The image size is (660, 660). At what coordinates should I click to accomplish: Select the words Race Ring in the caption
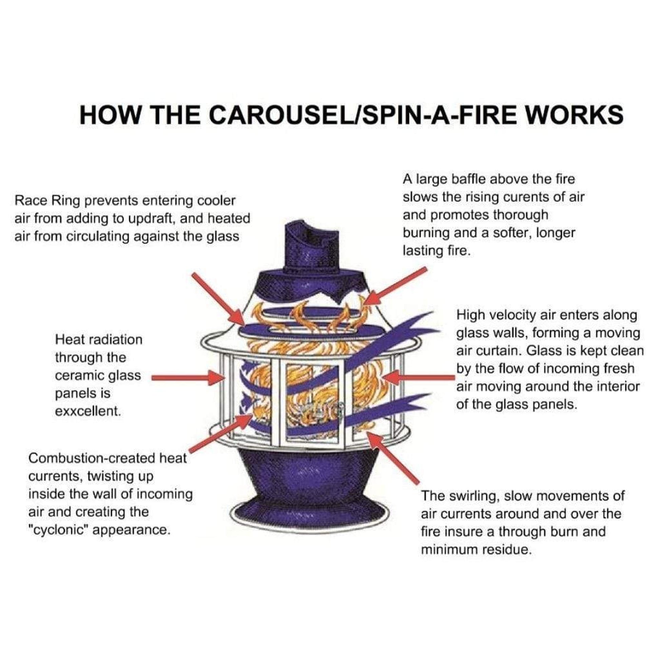47,201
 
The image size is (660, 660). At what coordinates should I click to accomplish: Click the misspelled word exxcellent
88,411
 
